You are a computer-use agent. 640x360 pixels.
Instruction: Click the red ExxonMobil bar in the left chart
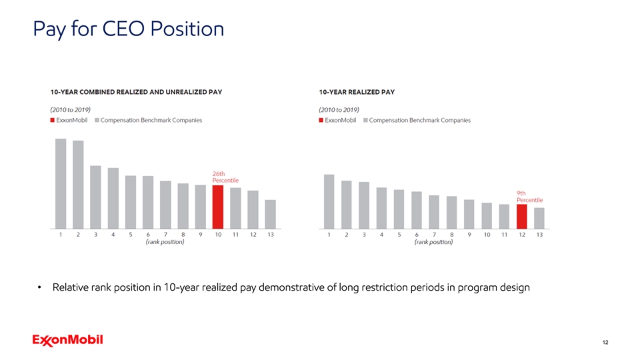tap(217, 206)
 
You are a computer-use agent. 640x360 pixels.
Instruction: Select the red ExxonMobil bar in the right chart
tap(521, 215)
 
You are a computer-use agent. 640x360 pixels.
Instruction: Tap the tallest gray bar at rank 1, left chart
tap(61, 183)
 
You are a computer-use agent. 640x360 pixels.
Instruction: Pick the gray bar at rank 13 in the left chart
tap(270, 213)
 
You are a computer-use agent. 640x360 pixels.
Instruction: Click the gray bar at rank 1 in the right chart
tap(329, 201)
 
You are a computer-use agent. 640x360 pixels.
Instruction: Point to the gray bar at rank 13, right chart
tap(539, 217)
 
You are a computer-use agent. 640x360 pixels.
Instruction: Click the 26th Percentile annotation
tap(225, 177)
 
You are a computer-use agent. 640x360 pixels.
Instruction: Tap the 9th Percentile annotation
tap(529, 197)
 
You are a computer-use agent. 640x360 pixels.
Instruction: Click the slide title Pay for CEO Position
tap(127, 29)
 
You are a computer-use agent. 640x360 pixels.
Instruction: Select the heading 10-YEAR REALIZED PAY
tap(357, 93)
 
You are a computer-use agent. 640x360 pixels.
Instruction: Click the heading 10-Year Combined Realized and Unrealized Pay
tap(135, 93)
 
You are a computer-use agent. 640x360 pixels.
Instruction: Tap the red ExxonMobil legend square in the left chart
tap(53, 121)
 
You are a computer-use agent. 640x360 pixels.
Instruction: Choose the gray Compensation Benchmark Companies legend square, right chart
tap(365, 121)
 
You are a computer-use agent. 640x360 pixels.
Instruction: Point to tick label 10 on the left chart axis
tap(217, 235)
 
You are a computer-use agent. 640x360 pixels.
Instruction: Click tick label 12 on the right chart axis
tap(522, 235)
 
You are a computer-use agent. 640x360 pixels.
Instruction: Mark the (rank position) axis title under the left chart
tap(165, 243)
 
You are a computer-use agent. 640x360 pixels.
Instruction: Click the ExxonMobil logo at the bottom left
tap(67, 340)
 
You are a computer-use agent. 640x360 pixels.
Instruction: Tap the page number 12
tap(605, 342)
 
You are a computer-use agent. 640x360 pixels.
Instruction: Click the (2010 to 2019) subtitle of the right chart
tap(339, 109)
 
